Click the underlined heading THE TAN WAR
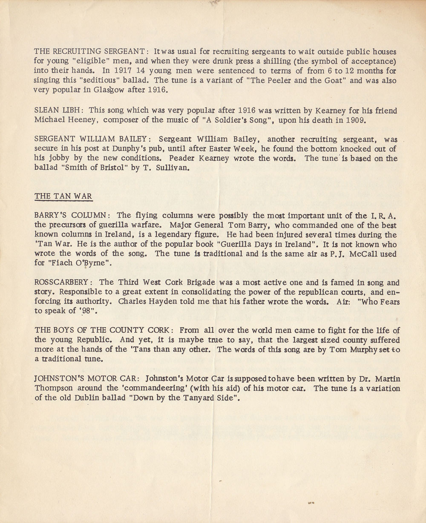click(63, 196)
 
